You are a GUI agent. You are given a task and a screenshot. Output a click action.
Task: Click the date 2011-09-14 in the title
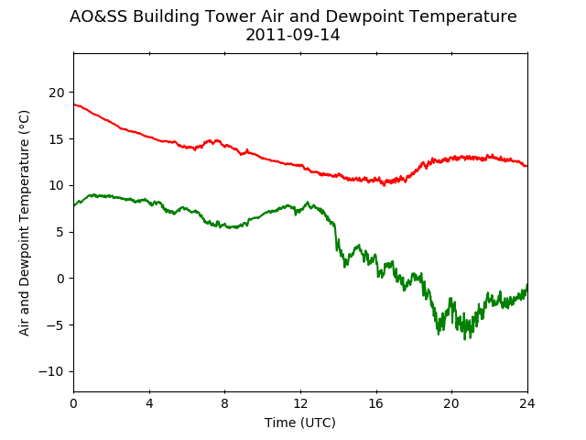pos(293,35)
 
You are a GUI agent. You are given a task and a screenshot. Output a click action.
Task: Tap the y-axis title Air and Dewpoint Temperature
pos(25,223)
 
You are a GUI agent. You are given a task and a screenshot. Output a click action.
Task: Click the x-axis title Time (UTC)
pos(300,423)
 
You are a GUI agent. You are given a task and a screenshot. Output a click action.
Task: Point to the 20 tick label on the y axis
pos(57,93)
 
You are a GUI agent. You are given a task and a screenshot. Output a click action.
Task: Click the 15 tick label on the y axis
pos(57,139)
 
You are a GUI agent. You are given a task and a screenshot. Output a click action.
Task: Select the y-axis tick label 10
pos(57,185)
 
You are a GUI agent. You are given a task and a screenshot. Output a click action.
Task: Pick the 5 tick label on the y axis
pos(60,232)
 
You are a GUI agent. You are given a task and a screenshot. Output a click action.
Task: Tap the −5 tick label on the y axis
pos(56,325)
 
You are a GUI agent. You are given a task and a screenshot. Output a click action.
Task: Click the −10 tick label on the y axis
pos(51,371)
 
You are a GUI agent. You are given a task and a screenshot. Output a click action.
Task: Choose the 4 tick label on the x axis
pos(149,403)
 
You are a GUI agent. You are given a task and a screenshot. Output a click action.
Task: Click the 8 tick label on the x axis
pos(225,403)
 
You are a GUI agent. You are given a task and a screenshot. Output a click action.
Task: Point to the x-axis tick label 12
pos(300,403)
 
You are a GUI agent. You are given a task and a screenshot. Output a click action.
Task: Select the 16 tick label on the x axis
pos(376,403)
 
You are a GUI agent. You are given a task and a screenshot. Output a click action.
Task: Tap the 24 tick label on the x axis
pos(527,403)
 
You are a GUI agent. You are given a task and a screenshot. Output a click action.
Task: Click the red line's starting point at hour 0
pos(74,104)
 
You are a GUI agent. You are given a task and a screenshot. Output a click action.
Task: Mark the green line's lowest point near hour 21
pos(465,339)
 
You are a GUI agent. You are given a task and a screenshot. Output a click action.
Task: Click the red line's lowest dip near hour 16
pos(384,185)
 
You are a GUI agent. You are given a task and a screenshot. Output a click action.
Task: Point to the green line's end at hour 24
pos(527,285)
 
